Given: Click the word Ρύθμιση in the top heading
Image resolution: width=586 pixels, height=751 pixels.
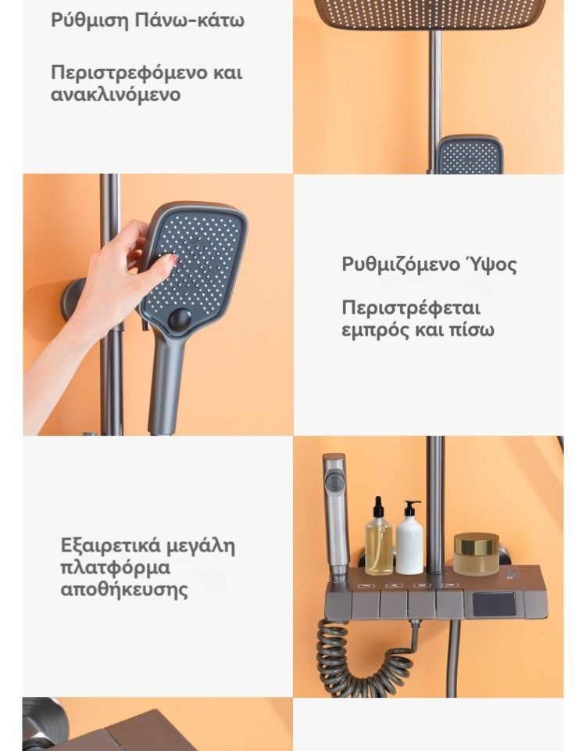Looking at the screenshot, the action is pos(90,20).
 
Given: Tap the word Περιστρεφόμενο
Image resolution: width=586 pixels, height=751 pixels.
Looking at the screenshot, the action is pos(129,73).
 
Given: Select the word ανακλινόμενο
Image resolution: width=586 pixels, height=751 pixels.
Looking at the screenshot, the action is pos(116,94).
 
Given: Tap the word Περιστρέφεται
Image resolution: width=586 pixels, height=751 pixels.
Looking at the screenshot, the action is pos(411,307).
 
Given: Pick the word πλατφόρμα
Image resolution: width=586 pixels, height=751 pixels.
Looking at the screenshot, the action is pos(116,568).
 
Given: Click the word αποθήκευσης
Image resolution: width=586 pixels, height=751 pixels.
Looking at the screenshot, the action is pos(124,589).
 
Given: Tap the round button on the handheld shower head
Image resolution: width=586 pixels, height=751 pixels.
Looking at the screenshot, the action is pos(180,319).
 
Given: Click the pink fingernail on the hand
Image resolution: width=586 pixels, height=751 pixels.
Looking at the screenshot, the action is pos(173,259).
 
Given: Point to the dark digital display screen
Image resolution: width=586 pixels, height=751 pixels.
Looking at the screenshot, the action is pos(494,605).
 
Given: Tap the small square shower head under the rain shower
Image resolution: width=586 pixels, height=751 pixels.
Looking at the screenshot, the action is pos(470,155).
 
